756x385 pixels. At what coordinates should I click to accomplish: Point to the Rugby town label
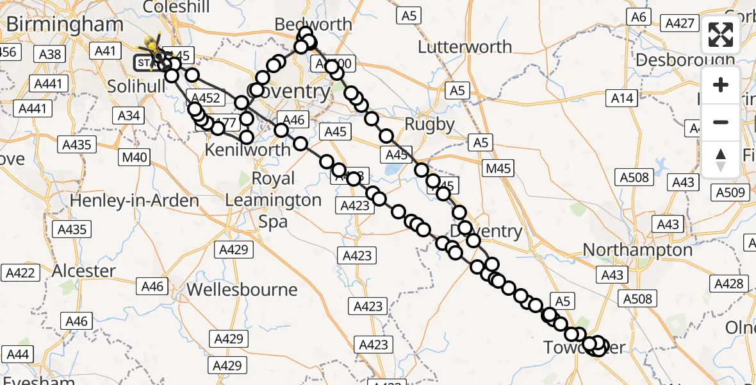tap(430, 124)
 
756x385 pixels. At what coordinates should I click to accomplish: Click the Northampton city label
tap(637, 249)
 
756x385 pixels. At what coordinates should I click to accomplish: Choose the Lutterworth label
tap(464, 47)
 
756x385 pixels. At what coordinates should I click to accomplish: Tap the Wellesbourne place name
tap(242, 289)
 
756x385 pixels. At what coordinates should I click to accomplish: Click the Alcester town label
tap(83, 270)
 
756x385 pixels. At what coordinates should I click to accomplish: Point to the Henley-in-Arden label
tap(134, 200)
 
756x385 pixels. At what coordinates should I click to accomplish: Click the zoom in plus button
tap(721, 85)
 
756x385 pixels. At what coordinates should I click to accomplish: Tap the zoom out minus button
tap(721, 122)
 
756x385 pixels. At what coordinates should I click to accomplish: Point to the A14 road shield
tap(622, 98)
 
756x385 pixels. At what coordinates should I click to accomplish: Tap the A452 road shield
tap(206, 98)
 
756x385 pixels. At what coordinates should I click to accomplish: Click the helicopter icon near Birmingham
tap(152, 46)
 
